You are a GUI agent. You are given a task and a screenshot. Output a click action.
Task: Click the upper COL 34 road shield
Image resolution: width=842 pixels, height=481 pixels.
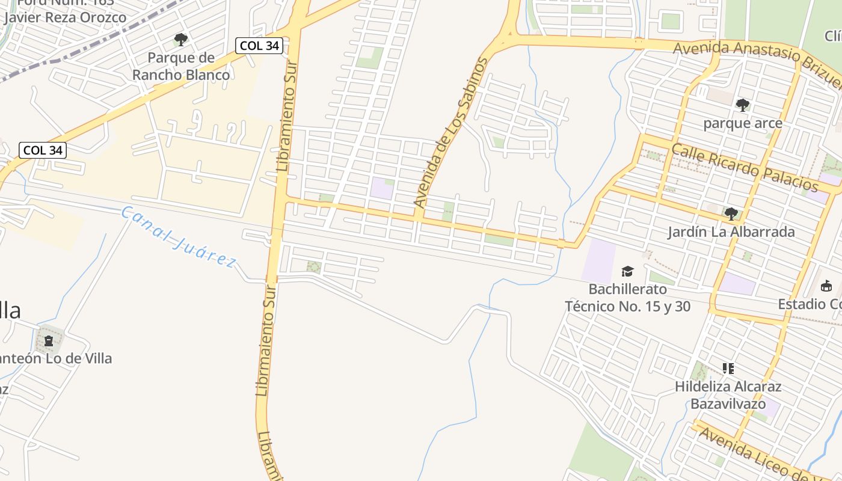pyautogui.click(x=259, y=46)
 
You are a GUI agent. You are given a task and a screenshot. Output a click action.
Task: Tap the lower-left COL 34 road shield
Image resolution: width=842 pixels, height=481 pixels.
pyautogui.click(x=43, y=150)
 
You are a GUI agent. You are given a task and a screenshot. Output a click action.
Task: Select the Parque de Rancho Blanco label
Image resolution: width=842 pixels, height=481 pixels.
pyautogui.click(x=181, y=67)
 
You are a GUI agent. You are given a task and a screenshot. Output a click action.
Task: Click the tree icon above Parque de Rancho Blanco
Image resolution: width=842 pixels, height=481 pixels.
pyautogui.click(x=180, y=40)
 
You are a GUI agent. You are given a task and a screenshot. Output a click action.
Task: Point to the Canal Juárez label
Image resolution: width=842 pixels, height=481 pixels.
pyautogui.click(x=178, y=237)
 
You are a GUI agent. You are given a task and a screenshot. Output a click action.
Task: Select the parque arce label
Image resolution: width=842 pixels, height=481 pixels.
pyautogui.click(x=743, y=123)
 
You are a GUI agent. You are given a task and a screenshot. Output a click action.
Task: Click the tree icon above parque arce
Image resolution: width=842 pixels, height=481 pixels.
pyautogui.click(x=743, y=105)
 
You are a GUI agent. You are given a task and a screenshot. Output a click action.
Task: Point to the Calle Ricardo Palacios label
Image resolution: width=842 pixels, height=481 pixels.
pyautogui.click(x=745, y=168)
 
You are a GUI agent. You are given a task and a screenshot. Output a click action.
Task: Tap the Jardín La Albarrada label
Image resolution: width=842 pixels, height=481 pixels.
pyautogui.click(x=731, y=232)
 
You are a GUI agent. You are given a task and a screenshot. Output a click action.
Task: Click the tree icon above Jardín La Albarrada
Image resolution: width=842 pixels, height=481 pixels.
pyautogui.click(x=731, y=213)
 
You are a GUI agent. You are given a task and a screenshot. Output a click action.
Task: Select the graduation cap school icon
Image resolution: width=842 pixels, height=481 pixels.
pyautogui.click(x=627, y=272)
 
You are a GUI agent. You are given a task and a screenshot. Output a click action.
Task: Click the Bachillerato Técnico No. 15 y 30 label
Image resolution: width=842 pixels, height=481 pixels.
pyautogui.click(x=627, y=298)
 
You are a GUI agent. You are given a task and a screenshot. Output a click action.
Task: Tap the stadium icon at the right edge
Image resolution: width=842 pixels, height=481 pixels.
pyautogui.click(x=826, y=286)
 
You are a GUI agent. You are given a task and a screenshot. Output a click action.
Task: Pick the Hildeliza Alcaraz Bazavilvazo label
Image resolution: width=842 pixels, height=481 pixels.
pyautogui.click(x=728, y=395)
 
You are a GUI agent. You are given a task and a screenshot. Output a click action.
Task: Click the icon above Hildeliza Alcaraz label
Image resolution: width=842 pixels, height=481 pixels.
pyautogui.click(x=728, y=369)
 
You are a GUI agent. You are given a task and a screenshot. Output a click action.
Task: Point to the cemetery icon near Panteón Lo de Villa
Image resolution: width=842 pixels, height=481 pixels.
pyautogui.click(x=49, y=341)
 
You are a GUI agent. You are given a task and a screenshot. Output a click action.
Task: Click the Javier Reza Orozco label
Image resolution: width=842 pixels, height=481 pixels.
pyautogui.click(x=65, y=17)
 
